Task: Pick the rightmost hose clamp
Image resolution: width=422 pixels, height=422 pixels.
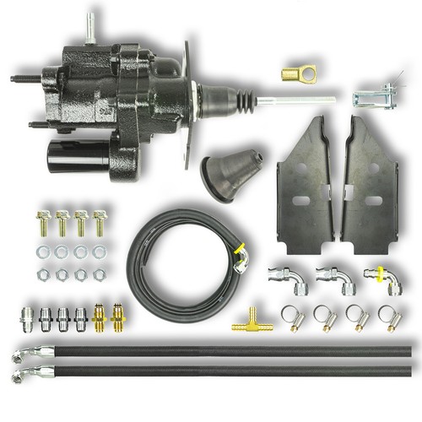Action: point(387,317)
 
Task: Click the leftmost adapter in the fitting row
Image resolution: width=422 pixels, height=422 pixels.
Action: point(28,321)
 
